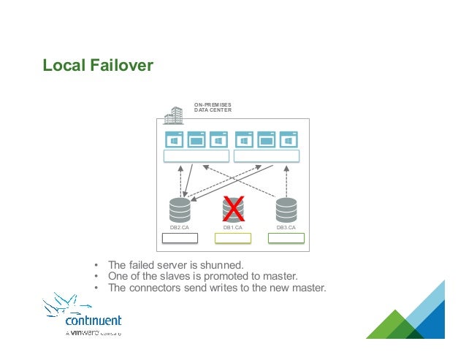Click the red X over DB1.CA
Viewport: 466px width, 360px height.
click(x=232, y=209)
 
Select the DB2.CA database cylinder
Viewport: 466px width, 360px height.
click(x=179, y=210)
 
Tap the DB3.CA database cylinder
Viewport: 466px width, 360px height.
click(x=286, y=210)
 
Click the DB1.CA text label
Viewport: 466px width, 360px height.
click(x=232, y=228)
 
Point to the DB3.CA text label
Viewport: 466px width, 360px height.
click(x=286, y=228)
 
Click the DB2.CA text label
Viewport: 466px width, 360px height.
click(x=179, y=228)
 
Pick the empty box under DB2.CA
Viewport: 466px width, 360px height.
click(x=179, y=238)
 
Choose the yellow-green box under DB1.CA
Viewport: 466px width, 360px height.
click(x=232, y=238)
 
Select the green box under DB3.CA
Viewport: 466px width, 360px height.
click(x=286, y=238)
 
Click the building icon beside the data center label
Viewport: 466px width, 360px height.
click(x=173, y=115)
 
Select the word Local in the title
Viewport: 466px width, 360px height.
click(x=62, y=66)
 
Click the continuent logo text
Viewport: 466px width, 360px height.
click(x=93, y=321)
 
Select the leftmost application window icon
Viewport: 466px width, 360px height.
click(x=174, y=139)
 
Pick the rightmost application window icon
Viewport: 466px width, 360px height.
click(x=289, y=139)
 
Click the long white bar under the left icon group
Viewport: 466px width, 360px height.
click(x=196, y=156)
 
